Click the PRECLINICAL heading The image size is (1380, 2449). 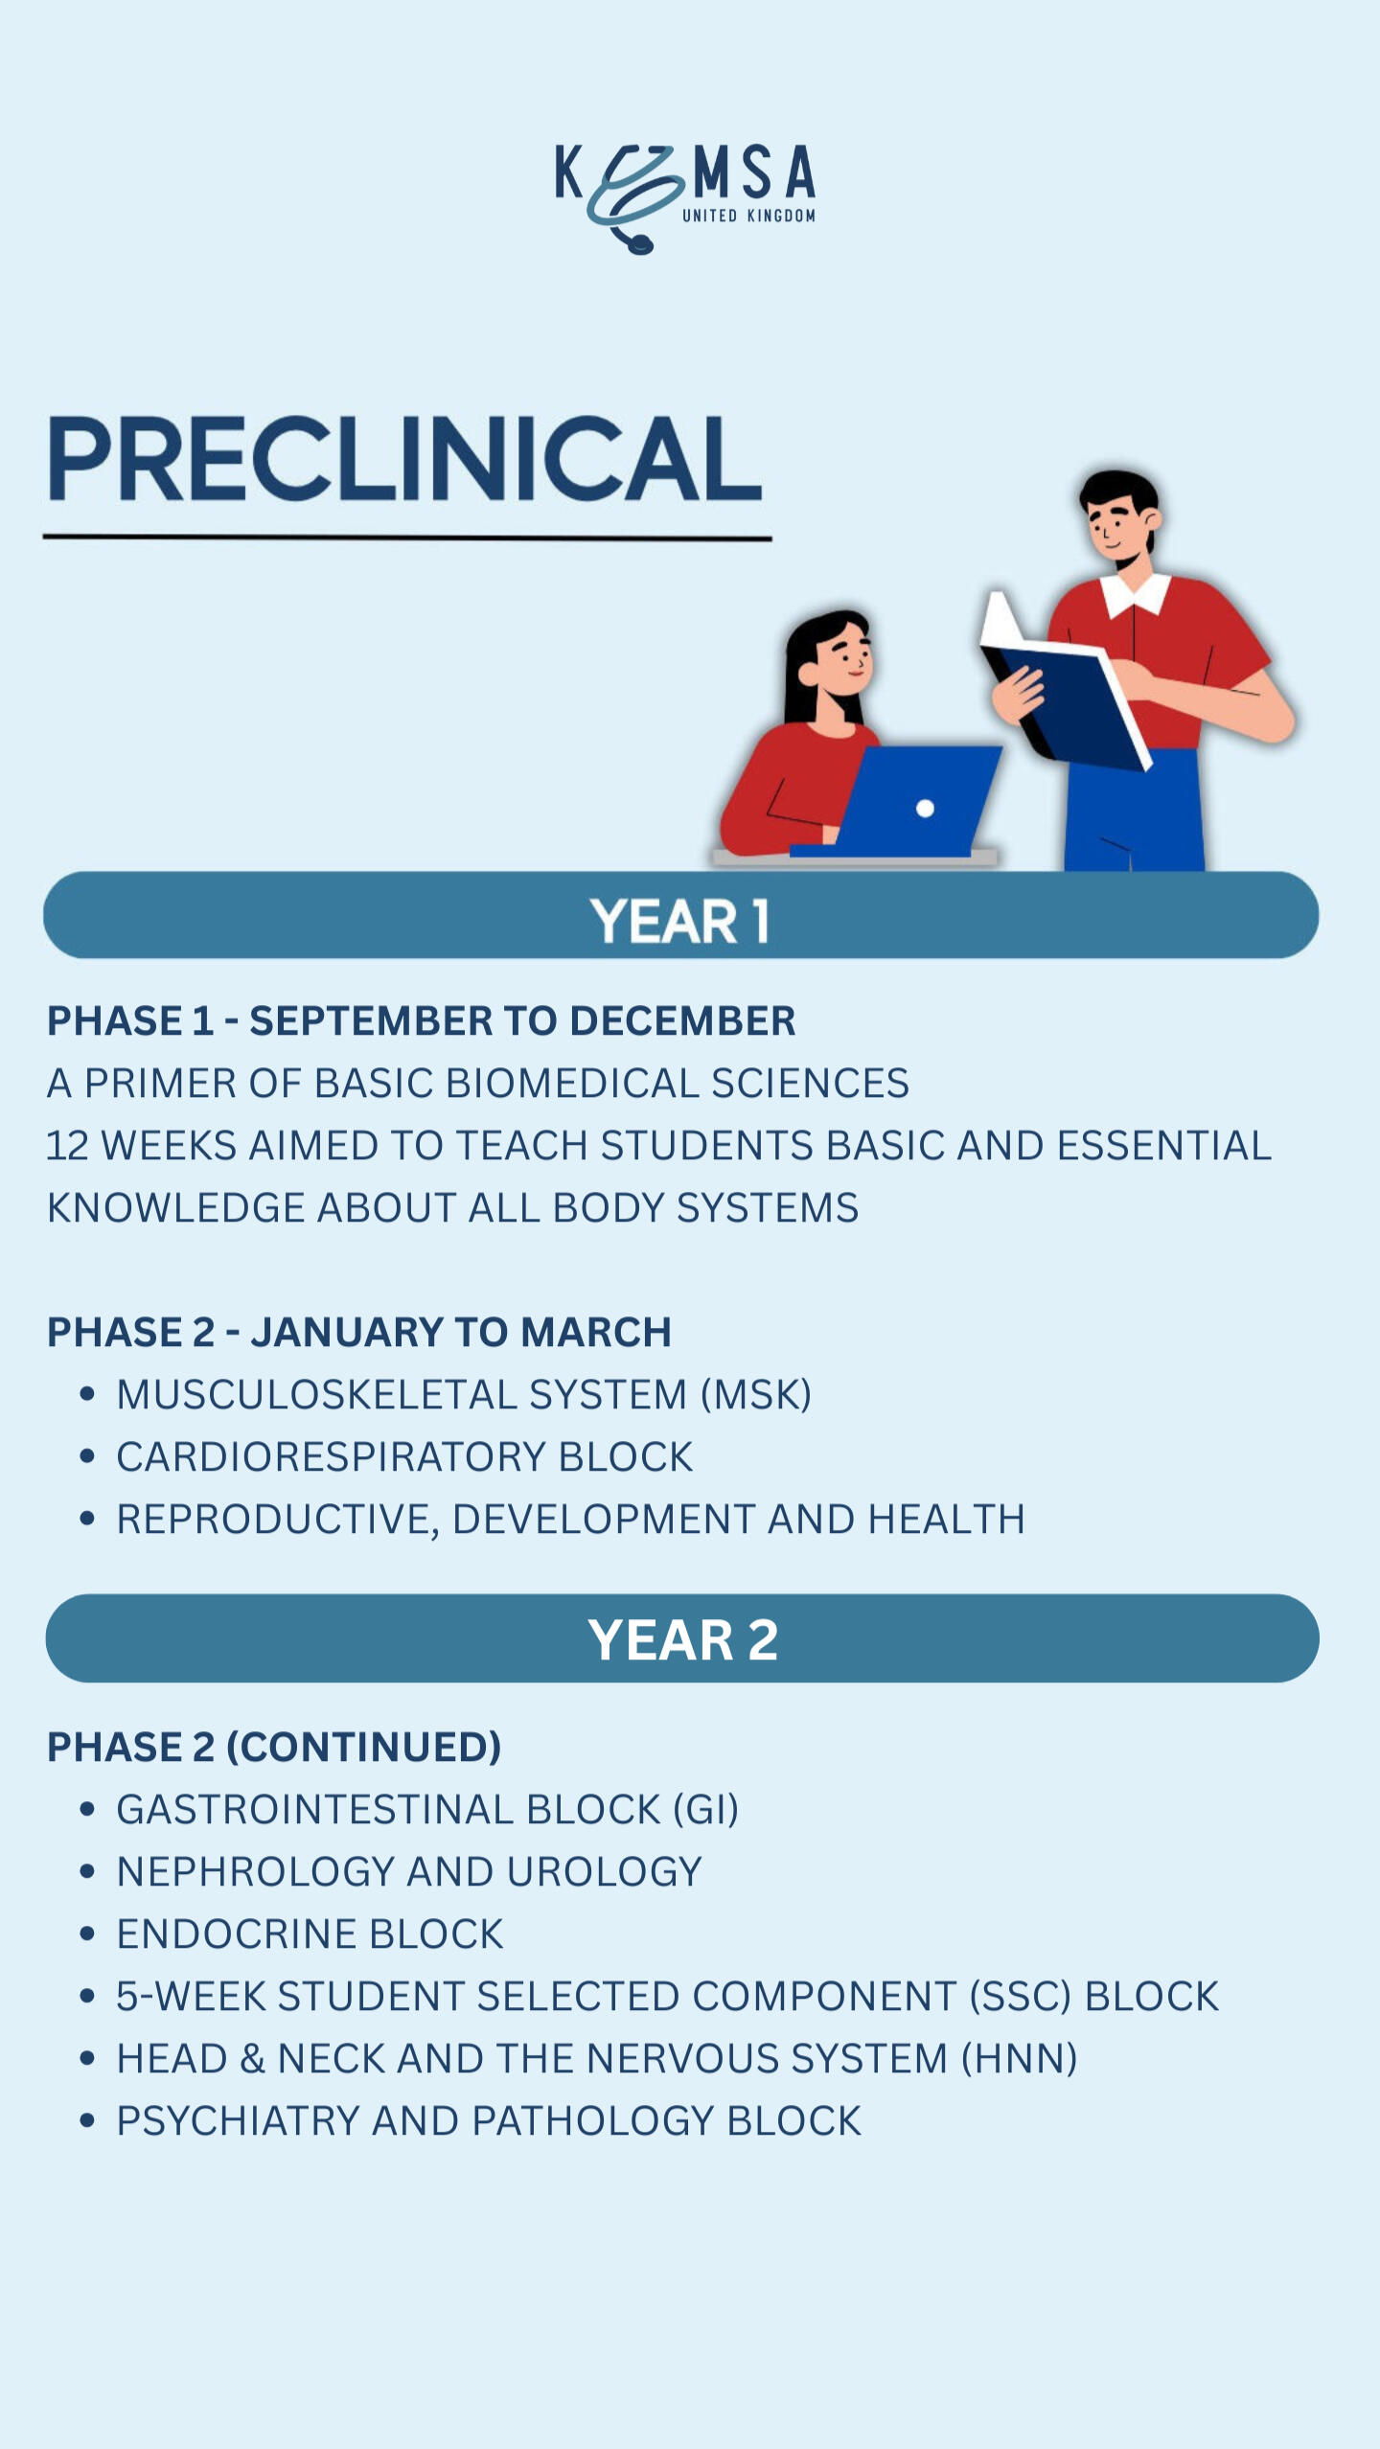(404, 459)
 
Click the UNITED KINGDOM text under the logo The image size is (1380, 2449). (748, 216)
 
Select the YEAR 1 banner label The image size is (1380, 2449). (679, 921)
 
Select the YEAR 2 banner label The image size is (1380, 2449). (682, 1639)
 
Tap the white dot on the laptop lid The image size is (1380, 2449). (925, 809)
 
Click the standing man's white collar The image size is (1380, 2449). (1137, 593)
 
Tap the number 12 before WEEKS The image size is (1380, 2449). (67, 1146)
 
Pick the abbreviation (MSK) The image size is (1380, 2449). (756, 1395)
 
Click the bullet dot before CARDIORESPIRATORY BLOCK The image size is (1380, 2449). (88, 1457)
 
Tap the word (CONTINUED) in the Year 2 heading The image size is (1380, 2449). (363, 1748)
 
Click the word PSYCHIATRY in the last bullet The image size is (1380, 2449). (238, 2121)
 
